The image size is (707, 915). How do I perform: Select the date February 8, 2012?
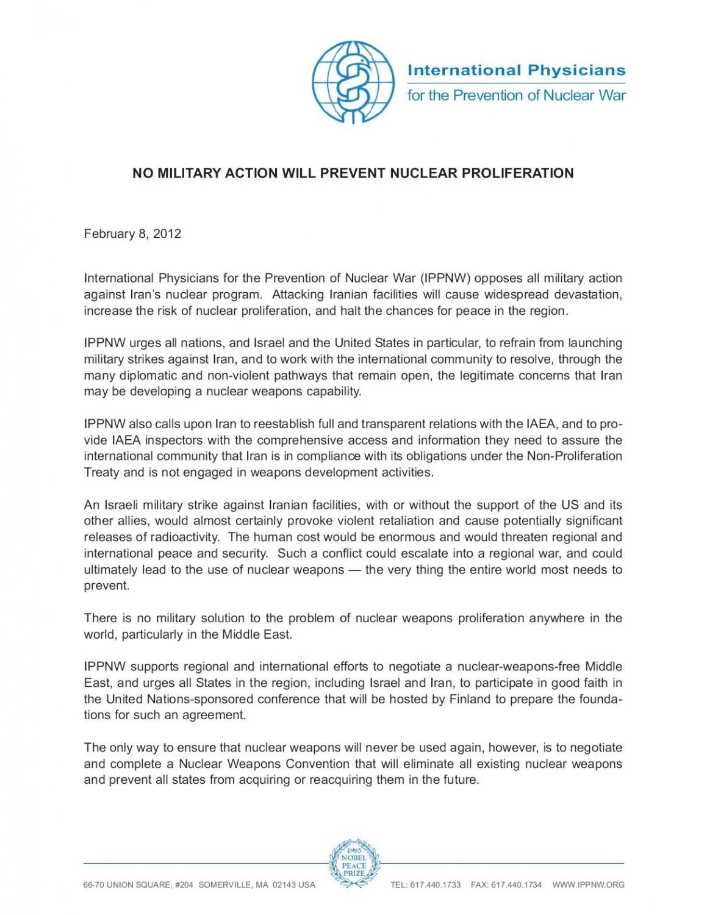(132, 234)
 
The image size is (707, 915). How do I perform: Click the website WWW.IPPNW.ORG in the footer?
(588, 885)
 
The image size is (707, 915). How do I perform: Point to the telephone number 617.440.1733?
(436, 885)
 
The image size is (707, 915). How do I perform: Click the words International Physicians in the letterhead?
(516, 70)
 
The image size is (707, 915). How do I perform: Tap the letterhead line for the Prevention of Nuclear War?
(516, 96)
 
